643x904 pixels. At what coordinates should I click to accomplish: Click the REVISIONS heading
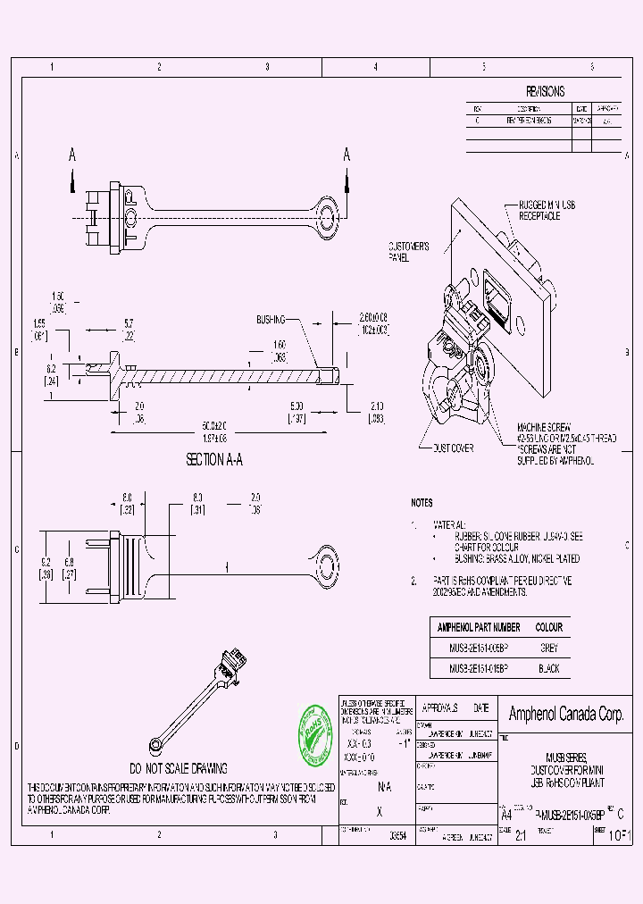pos(545,92)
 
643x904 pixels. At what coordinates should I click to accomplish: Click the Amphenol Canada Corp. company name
pos(565,714)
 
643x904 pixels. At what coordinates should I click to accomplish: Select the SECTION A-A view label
pos(213,460)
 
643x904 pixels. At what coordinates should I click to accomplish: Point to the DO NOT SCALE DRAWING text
pos(179,768)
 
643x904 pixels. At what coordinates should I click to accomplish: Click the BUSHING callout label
pos(271,319)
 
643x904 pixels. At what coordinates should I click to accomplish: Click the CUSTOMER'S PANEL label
pos(409,251)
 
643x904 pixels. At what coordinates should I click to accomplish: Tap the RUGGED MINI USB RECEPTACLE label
pos(553,210)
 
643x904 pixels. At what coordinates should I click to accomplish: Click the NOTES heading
pos(422,503)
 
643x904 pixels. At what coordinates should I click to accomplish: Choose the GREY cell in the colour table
pos(548,649)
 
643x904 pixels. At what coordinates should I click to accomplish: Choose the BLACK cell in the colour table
pos(548,668)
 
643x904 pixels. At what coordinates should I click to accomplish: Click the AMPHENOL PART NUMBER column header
pos(477,628)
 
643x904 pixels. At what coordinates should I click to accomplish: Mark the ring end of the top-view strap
pos(328,215)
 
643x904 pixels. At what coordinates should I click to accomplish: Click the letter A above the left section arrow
pos(72,155)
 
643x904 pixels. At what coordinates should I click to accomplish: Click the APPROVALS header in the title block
pos(438,707)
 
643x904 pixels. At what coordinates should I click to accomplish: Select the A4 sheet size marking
pos(505,815)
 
